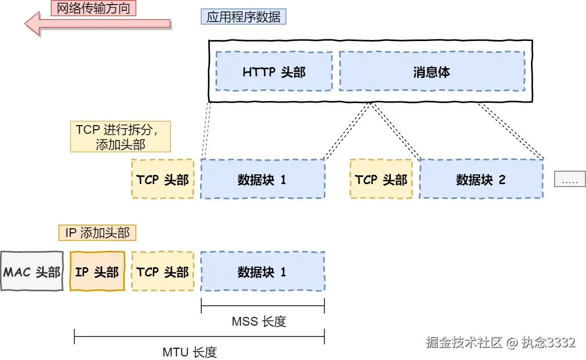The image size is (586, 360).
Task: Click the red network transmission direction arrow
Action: (x=97, y=24)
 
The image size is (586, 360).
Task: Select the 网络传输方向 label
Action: (x=93, y=8)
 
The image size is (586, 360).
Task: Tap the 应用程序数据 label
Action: (x=243, y=17)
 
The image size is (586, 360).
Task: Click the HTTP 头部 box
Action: (x=274, y=71)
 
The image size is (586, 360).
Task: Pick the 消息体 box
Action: (x=432, y=71)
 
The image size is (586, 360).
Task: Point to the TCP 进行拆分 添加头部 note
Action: (x=120, y=137)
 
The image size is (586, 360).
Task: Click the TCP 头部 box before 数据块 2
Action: (x=381, y=179)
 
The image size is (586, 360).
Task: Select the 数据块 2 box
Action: (x=481, y=179)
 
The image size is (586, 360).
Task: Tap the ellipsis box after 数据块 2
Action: (x=570, y=179)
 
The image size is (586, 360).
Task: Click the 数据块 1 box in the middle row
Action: (x=262, y=179)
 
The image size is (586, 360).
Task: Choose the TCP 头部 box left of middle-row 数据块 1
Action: (x=163, y=179)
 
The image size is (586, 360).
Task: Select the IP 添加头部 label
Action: (x=97, y=233)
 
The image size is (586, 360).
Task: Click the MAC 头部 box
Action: (x=32, y=271)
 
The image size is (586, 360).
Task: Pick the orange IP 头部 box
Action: (x=97, y=271)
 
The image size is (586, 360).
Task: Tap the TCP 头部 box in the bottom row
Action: (x=163, y=271)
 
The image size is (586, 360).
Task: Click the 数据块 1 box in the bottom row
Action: (x=262, y=271)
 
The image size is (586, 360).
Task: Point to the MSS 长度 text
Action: (x=259, y=322)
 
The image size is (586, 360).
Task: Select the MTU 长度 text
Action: (x=190, y=352)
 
